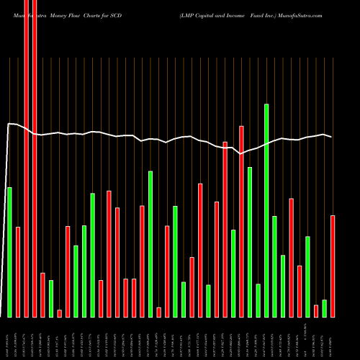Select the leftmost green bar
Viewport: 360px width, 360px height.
9,252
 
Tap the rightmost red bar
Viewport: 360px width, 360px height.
333,266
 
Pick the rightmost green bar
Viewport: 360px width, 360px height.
325,308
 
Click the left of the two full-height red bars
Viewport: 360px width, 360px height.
26,158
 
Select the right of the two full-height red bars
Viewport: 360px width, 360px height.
35,158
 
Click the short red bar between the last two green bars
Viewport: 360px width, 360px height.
316,311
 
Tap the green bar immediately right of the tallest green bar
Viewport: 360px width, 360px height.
275,266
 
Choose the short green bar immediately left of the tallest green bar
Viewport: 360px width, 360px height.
258,300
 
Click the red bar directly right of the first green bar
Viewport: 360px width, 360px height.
18,271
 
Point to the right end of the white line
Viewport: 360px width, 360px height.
332,137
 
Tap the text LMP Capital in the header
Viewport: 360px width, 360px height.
211,14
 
